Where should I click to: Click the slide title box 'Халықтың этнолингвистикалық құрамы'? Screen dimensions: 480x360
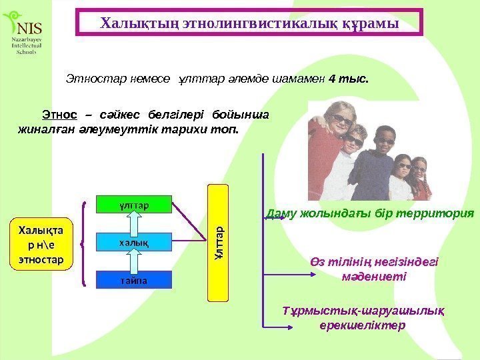249,22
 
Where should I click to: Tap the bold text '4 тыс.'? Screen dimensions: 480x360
349,79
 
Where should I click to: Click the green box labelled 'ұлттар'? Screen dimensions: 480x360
134,205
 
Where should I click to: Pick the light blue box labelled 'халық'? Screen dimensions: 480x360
134,242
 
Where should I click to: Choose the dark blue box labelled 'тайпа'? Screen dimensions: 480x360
134,280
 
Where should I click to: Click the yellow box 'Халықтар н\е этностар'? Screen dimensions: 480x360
41,243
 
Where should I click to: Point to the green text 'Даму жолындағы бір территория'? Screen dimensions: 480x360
370,214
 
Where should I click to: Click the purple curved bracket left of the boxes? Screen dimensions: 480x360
84,243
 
